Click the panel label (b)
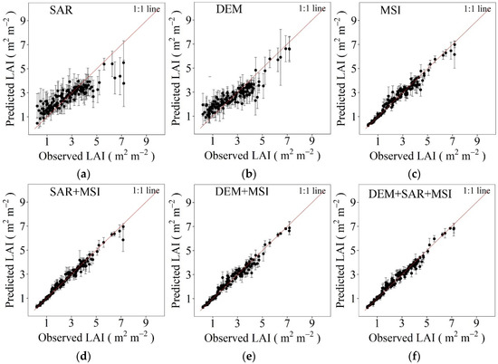(x=253, y=174)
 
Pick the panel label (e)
(x=253, y=355)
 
